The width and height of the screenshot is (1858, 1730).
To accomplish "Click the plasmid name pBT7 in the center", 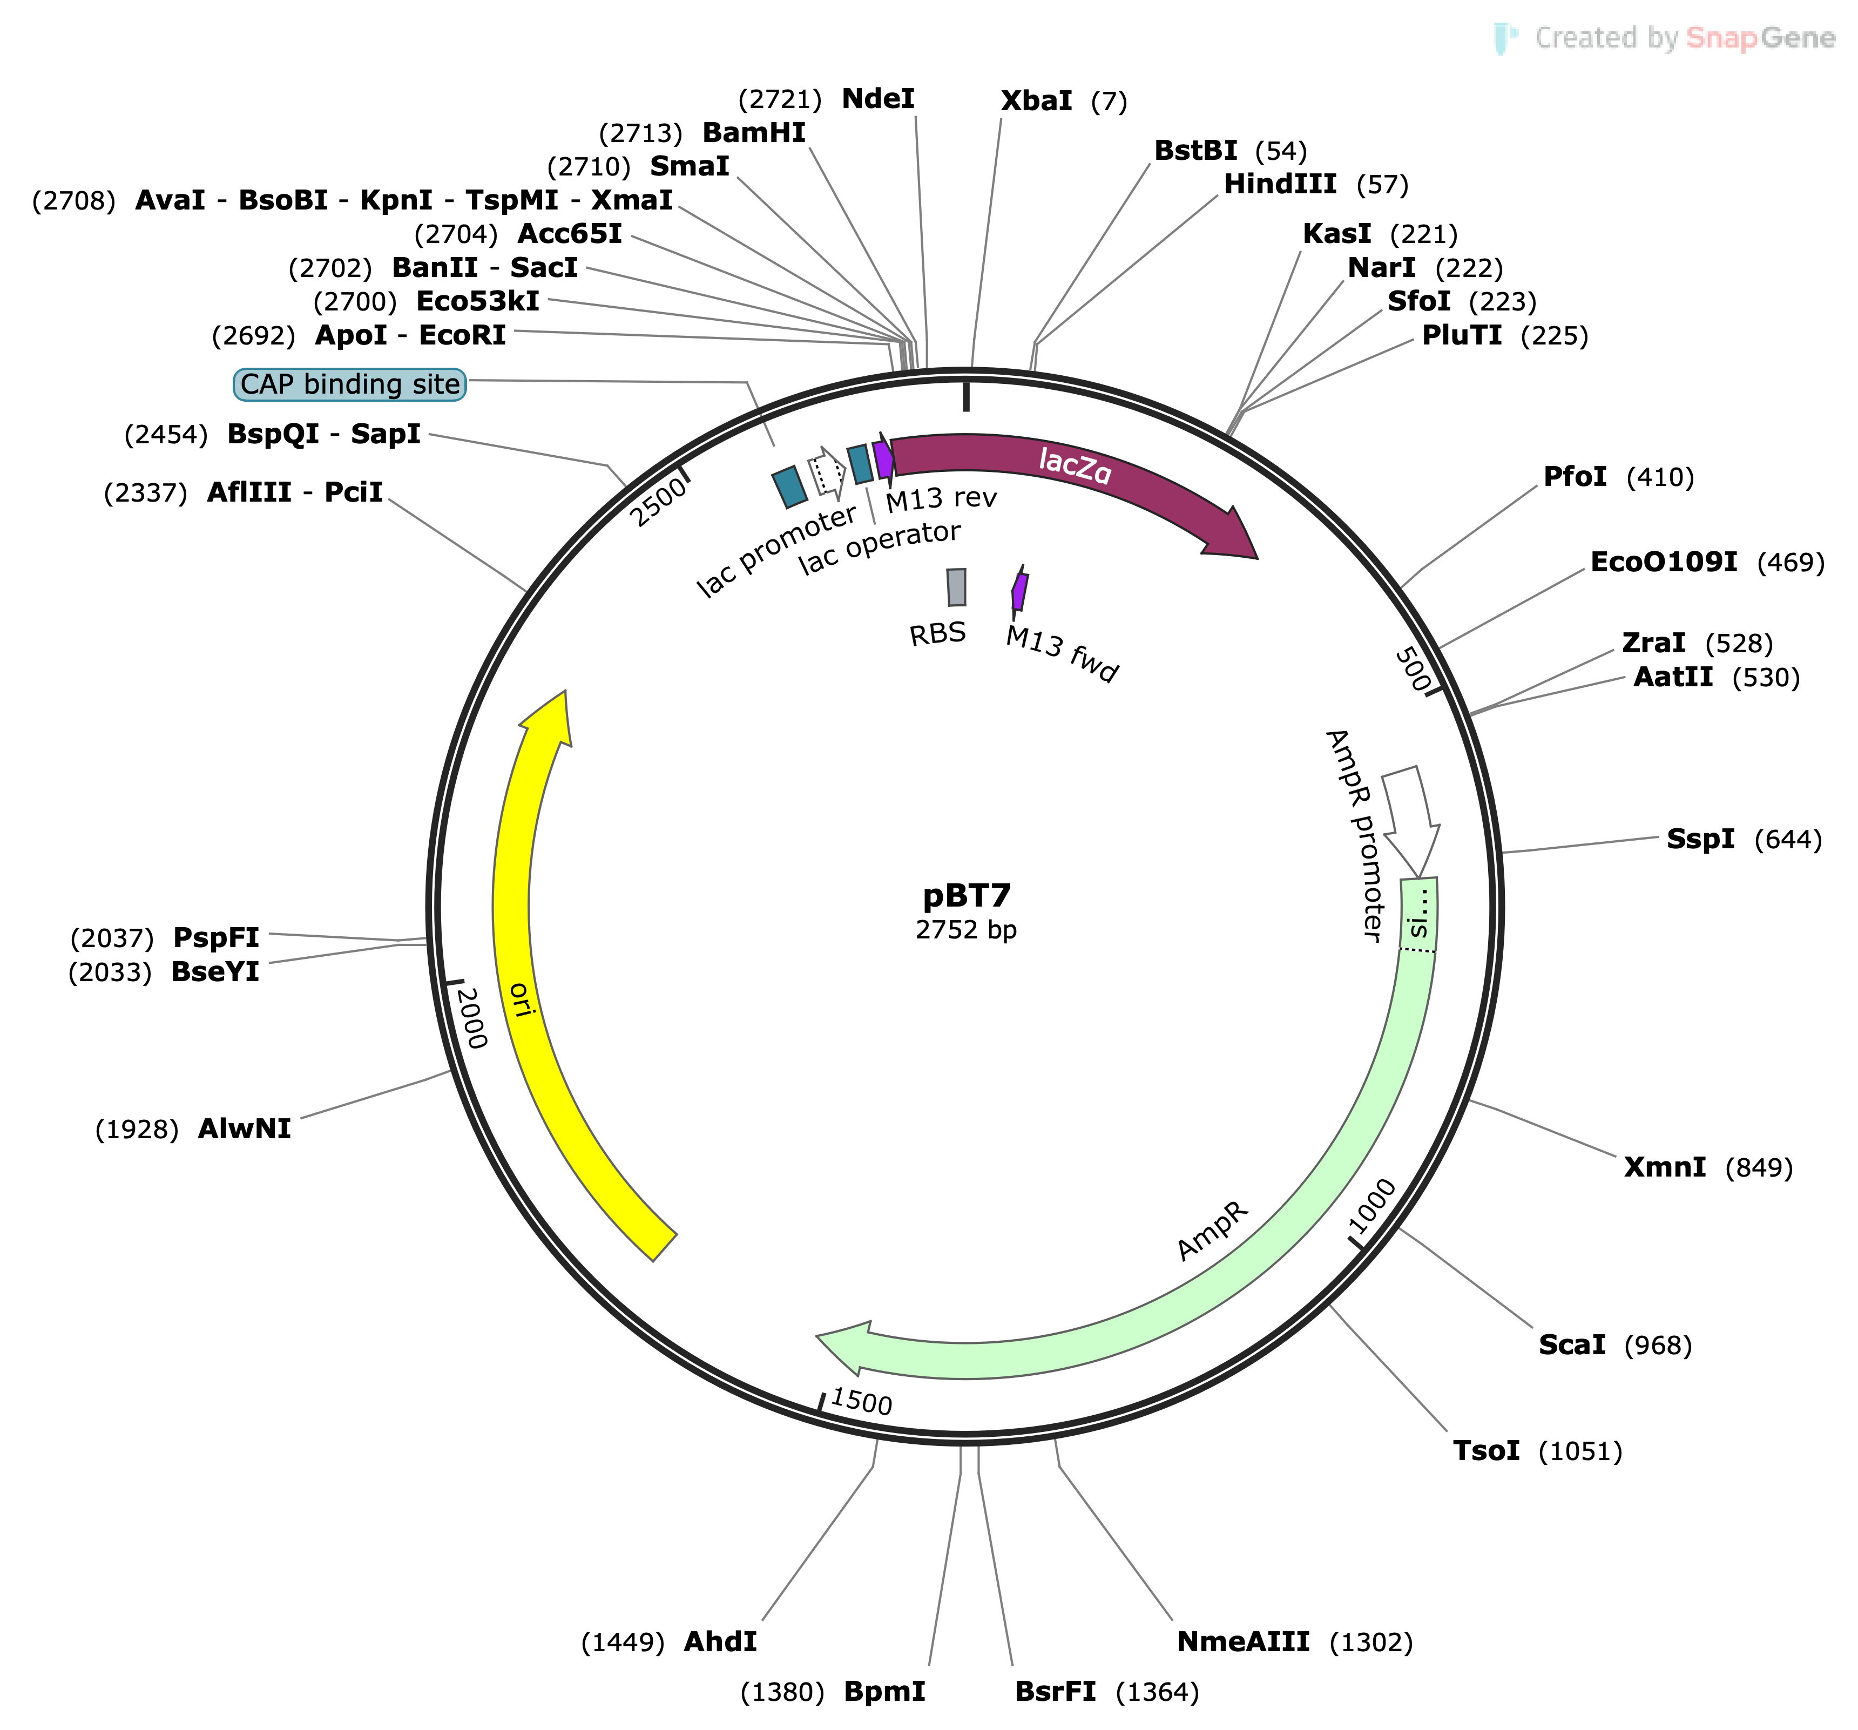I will tap(967, 895).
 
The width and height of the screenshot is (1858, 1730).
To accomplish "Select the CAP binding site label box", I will tap(349, 384).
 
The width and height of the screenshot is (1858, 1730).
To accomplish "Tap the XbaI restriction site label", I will tap(1036, 101).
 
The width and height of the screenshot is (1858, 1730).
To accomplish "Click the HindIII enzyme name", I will tap(1280, 184).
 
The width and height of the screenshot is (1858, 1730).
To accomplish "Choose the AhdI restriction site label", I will tap(720, 1641).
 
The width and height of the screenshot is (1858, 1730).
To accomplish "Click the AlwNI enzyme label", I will tap(244, 1129).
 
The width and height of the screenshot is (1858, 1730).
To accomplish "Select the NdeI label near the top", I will tap(877, 99).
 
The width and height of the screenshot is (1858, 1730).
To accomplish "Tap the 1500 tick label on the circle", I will tap(861, 1401).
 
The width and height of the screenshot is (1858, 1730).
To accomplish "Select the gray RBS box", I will tap(956, 587).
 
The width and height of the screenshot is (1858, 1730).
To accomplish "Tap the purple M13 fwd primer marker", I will tap(1019, 592).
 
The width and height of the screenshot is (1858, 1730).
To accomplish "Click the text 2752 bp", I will tap(967, 930).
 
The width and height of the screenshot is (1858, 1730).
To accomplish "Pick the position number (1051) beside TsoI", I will tap(1579, 1451).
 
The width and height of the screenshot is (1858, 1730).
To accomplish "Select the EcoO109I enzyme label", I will tap(1664, 562).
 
